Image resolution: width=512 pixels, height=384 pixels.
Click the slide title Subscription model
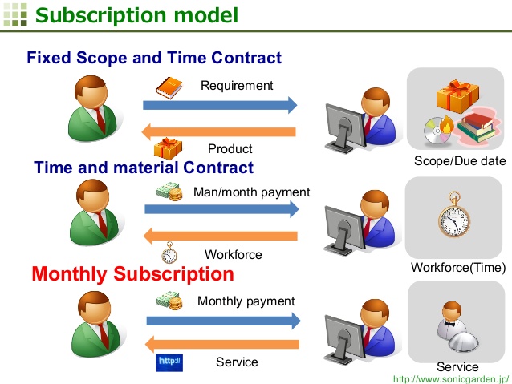(x=136, y=15)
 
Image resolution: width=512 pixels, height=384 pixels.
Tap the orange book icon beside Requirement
(x=169, y=87)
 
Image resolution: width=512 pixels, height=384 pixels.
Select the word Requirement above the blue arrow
(x=237, y=86)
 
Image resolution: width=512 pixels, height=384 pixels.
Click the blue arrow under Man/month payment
(x=221, y=209)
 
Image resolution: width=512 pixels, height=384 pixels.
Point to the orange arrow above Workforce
(x=221, y=236)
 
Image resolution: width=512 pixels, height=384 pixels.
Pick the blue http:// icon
(x=169, y=362)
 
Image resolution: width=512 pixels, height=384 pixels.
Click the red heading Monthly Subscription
(x=133, y=273)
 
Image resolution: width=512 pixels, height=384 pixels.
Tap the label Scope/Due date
(x=460, y=161)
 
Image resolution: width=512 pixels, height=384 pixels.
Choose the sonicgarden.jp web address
(x=451, y=379)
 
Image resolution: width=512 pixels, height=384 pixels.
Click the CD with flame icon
(x=438, y=130)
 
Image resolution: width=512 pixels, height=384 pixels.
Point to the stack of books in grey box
(x=476, y=127)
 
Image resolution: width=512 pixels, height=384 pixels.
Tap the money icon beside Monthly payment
(x=169, y=301)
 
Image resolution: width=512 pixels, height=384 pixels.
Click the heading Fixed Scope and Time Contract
(x=154, y=58)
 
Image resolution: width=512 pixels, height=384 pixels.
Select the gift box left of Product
(x=168, y=148)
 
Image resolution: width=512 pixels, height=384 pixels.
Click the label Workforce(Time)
(x=458, y=268)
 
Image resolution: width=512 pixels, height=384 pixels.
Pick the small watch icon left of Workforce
(x=169, y=253)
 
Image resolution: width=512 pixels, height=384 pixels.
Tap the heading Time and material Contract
(x=144, y=168)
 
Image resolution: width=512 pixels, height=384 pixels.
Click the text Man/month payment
(x=252, y=192)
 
